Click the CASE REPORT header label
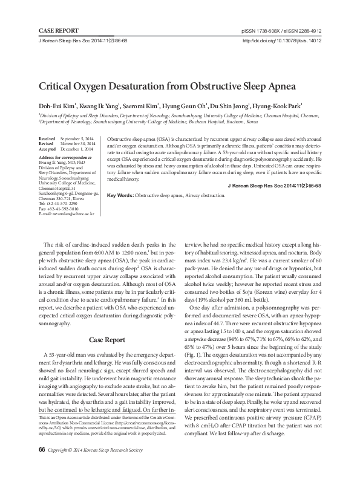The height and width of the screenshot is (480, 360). pyautogui.click(x=58, y=29)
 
